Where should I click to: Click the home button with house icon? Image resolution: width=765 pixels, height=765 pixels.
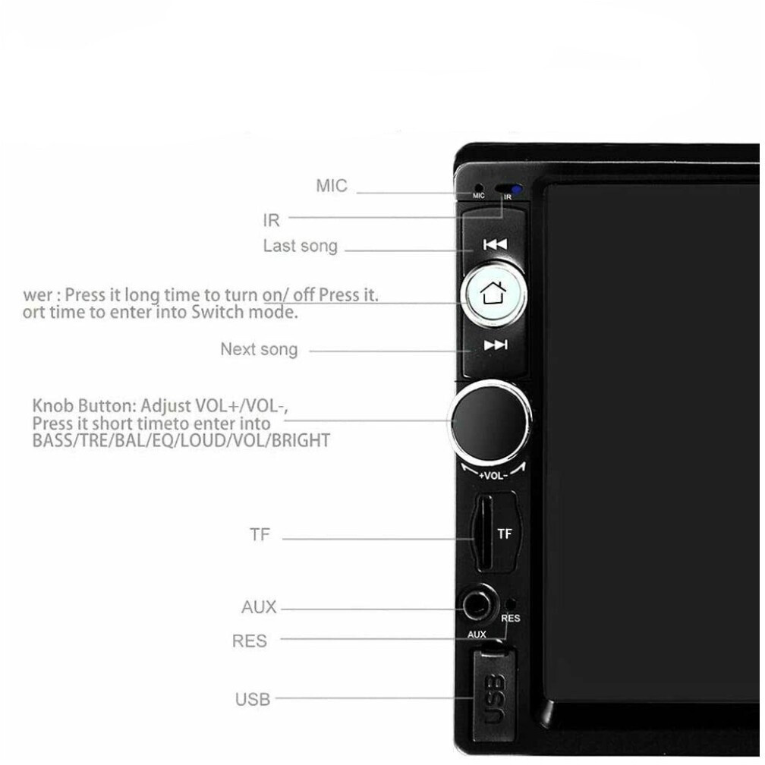tap(493, 293)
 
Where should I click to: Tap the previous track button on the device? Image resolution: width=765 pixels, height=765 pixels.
tap(495, 244)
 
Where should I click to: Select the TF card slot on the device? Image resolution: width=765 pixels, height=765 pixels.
tap(481, 534)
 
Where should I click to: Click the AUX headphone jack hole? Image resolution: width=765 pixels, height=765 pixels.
tap(479, 607)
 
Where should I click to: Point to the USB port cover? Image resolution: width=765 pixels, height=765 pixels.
tap(493, 694)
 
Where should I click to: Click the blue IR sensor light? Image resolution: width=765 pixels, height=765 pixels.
tap(517, 190)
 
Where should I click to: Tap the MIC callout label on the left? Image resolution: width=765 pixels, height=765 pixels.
tap(332, 186)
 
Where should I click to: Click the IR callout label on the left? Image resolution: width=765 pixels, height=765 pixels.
tap(271, 220)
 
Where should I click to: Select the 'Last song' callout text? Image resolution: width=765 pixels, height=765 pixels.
tap(300, 246)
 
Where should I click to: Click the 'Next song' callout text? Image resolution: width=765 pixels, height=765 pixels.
tap(259, 349)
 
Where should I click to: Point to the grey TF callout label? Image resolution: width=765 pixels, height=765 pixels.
tap(260, 534)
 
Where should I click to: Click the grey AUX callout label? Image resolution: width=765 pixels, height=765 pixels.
tap(259, 607)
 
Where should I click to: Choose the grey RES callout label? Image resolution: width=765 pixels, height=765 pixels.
tap(250, 641)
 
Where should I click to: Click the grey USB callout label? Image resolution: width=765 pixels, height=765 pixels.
tap(252, 699)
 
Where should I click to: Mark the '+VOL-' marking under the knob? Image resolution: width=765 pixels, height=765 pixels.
tap(493, 476)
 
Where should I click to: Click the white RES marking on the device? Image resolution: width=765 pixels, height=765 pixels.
tap(511, 619)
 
